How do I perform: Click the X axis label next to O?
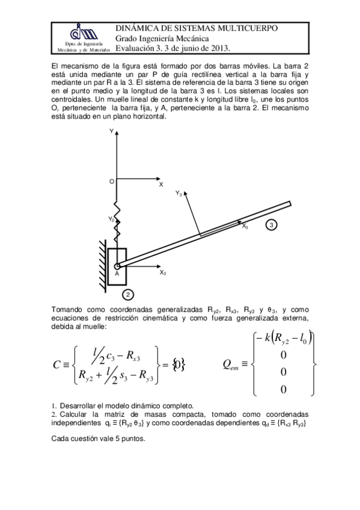coord(161,185)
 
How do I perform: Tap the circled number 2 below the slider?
coord(128,294)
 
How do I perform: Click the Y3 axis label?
coord(179,194)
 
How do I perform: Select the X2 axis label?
coord(162,272)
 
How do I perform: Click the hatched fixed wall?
coord(102,265)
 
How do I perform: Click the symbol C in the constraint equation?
coord(56,364)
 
